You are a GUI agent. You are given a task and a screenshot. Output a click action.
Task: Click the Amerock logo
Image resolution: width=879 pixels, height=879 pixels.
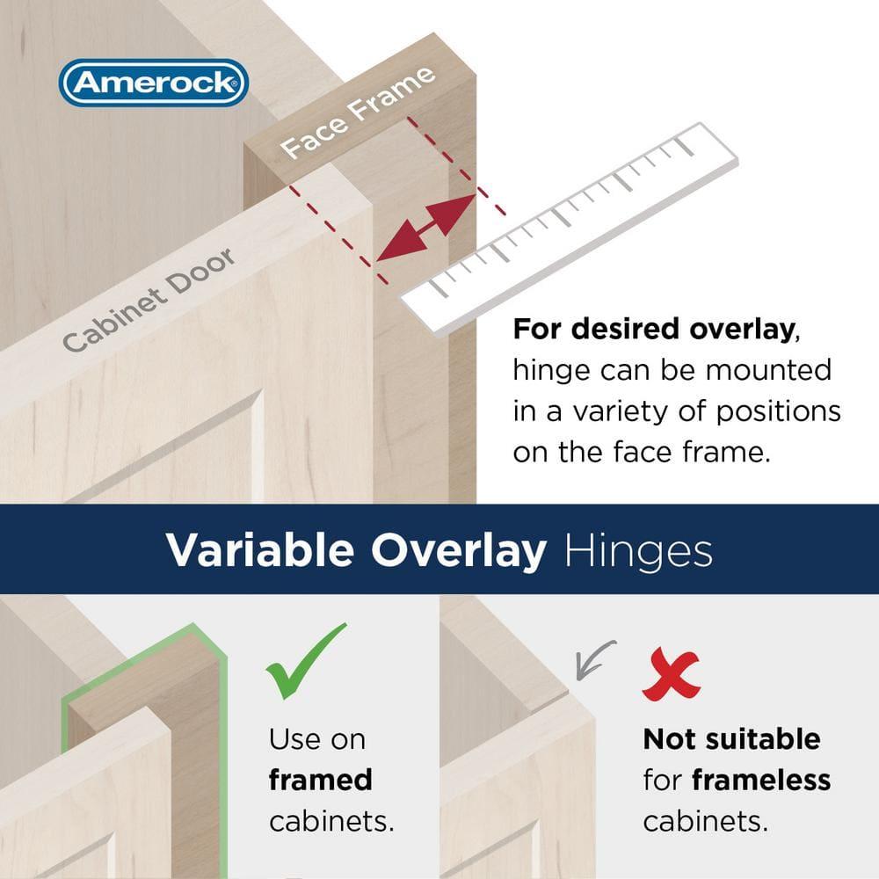click(153, 84)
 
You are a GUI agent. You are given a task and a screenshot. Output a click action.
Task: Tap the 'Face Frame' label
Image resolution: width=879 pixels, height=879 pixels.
click(360, 112)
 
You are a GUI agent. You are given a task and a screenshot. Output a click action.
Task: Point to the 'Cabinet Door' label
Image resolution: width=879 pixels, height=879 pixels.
click(149, 300)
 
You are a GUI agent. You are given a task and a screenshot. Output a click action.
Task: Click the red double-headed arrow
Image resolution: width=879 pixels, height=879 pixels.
click(425, 228)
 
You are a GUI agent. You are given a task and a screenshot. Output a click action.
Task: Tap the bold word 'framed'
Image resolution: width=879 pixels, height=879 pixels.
click(321, 780)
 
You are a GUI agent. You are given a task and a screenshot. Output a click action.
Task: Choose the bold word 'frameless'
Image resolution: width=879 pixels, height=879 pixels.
click(761, 780)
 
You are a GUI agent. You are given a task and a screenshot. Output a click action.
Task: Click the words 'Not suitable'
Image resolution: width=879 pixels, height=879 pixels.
click(731, 738)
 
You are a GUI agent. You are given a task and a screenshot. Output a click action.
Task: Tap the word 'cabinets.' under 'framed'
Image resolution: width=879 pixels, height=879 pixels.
click(331, 821)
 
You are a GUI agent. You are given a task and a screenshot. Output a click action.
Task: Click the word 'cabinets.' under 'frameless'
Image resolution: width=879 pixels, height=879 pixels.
click(705, 821)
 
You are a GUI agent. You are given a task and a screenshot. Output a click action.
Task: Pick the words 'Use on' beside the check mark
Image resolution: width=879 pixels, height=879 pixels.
click(316, 738)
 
